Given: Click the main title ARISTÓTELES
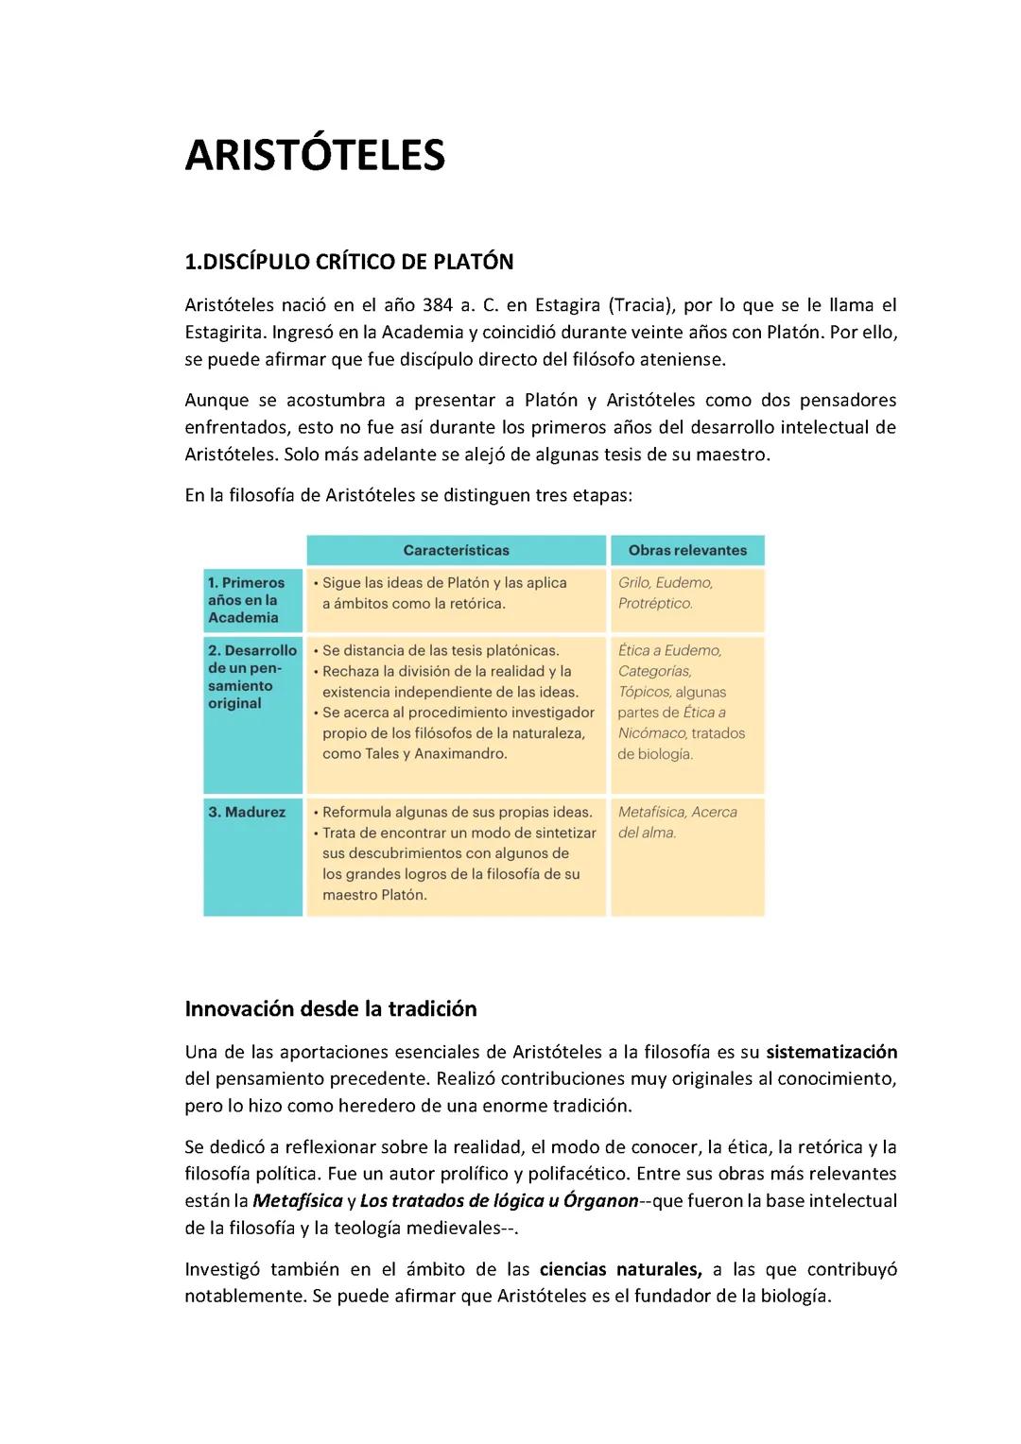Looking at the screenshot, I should click(x=314, y=156).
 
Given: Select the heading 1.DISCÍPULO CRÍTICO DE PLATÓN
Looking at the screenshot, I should click(x=349, y=262).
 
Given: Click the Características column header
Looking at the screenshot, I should click(x=456, y=550).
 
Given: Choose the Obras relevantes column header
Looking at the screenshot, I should click(x=687, y=550).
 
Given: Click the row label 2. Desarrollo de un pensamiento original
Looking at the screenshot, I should click(x=251, y=677).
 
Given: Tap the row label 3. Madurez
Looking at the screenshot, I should click(x=247, y=812).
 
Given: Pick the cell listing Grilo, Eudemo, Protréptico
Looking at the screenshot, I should click(x=666, y=593).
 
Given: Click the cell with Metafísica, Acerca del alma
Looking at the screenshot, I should click(x=677, y=822).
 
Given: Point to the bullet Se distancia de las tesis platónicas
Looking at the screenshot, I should click(x=441, y=650).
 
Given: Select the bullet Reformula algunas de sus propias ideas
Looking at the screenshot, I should click(x=457, y=812).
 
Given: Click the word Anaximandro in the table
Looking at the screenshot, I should click(x=460, y=753).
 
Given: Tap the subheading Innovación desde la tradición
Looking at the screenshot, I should click(x=331, y=1008).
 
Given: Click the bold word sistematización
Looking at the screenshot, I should click(x=831, y=1052).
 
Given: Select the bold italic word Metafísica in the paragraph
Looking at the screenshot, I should click(x=298, y=1201).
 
